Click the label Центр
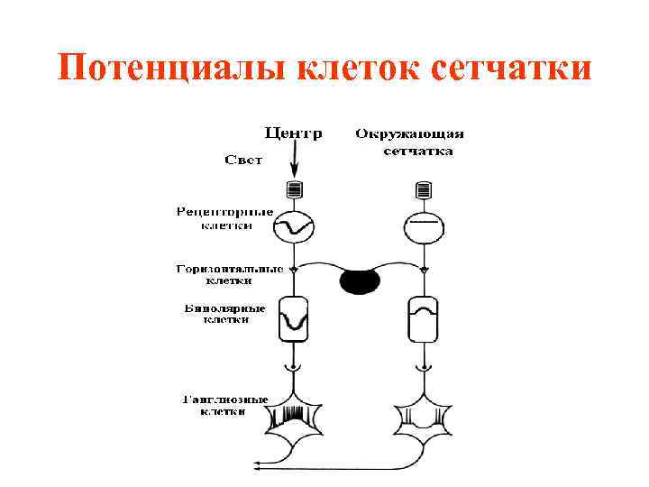pyautogui.click(x=292, y=133)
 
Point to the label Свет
pyautogui.click(x=242, y=161)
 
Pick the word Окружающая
pyautogui.click(x=409, y=134)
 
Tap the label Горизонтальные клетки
pyautogui.click(x=229, y=274)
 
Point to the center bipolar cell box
pyautogui.click(x=293, y=319)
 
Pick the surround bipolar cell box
pyautogui.click(x=422, y=319)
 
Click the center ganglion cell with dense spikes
pyautogui.click(x=293, y=420)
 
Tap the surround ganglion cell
pyautogui.click(x=421, y=420)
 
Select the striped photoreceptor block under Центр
pyautogui.click(x=293, y=190)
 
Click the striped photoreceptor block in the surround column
pyautogui.click(x=422, y=190)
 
